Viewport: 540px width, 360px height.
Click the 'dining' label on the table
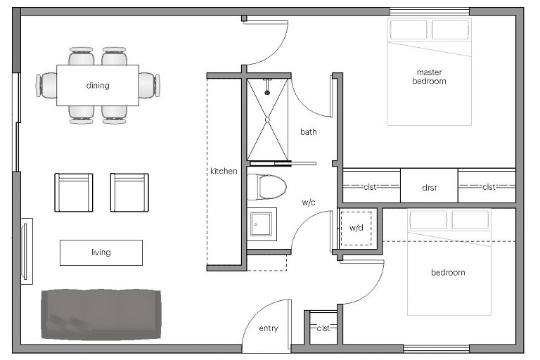98,85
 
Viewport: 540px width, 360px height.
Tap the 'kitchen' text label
224,171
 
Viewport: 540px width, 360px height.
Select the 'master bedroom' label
429,77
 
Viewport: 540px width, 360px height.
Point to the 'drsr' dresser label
429,188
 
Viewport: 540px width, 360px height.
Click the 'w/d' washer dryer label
356,228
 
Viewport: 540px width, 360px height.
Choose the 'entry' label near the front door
269,328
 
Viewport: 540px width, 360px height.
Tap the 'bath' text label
308,132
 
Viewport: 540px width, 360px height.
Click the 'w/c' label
309,202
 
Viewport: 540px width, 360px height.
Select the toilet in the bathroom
267,187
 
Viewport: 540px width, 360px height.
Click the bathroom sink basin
262,224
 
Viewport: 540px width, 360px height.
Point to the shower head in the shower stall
267,92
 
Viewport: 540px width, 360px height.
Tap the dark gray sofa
101,314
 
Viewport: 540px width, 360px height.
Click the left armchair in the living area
74,193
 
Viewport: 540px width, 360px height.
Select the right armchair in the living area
129,193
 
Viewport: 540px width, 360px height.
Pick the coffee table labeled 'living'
101,252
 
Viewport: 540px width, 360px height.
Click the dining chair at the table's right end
150,85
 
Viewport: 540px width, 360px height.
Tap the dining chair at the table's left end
46,85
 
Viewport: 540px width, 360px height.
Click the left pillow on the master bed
409,30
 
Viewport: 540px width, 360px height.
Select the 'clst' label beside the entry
323,328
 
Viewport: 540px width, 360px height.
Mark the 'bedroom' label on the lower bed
448,273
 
